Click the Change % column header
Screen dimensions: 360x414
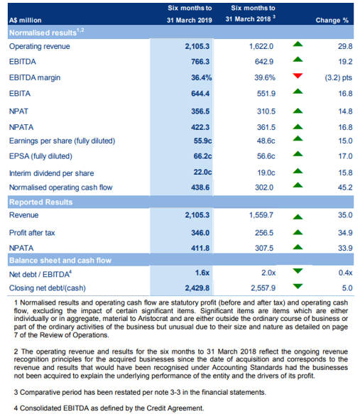point(332,21)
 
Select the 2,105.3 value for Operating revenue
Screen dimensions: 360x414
point(197,46)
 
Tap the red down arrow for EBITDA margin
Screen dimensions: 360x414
point(298,76)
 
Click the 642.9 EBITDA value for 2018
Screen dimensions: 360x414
point(264,62)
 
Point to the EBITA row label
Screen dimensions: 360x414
point(20,94)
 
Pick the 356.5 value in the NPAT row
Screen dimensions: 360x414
point(200,111)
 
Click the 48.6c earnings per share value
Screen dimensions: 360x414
point(266,141)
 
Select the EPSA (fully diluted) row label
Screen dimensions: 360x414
point(40,156)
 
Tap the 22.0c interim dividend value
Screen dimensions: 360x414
point(202,172)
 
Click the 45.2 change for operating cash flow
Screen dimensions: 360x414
point(345,187)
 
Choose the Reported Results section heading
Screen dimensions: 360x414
point(41,202)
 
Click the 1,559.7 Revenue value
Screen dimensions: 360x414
point(261,215)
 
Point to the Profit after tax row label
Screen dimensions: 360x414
point(32,233)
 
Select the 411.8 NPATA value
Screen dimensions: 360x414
point(200,249)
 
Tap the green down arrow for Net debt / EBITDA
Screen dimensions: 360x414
point(298,271)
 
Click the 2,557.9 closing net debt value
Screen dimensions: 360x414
point(263,288)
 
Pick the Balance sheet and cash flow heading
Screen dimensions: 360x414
point(60,261)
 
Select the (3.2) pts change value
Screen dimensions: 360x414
point(339,77)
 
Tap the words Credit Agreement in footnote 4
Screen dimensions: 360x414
point(175,408)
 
